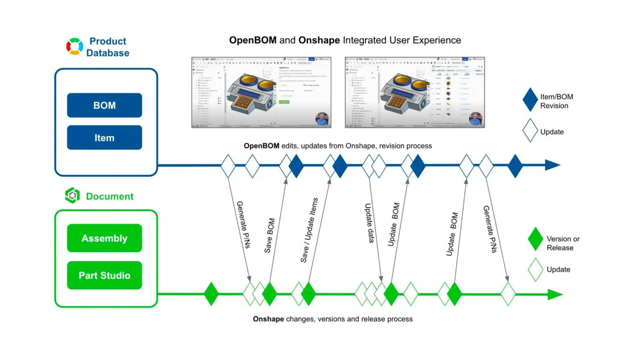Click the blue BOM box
[x=104, y=105]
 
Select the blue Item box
[x=104, y=138]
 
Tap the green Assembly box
[x=104, y=238]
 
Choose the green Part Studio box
[x=104, y=275]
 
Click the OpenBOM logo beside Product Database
[x=75, y=47]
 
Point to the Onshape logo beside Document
[x=73, y=196]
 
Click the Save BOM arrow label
[x=270, y=235]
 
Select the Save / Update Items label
[x=309, y=230]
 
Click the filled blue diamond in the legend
[x=530, y=100]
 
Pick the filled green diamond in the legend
[x=535, y=239]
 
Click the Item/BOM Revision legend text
[x=556, y=101]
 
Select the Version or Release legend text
[x=562, y=243]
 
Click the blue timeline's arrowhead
[x=553, y=165]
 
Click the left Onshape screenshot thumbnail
[x=261, y=93]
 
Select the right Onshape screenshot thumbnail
[x=415, y=93]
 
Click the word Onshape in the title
[x=319, y=40]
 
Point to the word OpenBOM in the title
[x=252, y=40]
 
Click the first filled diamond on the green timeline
[x=211, y=294]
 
